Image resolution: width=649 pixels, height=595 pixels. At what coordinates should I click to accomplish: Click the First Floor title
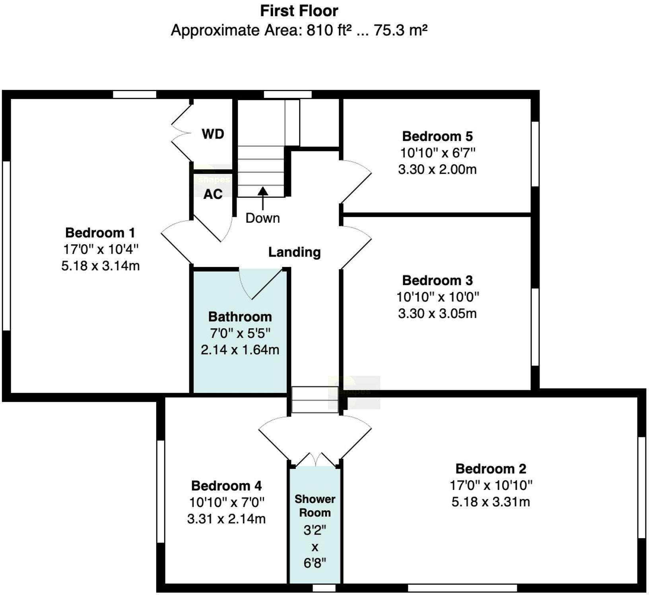tap(299, 11)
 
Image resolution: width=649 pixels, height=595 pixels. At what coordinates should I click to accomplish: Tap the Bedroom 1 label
tap(100, 233)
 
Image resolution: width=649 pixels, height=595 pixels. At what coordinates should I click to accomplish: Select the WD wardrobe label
tap(213, 134)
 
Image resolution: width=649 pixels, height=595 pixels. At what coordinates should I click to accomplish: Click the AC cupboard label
tap(213, 194)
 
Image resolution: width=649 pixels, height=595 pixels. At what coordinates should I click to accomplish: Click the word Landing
tap(294, 252)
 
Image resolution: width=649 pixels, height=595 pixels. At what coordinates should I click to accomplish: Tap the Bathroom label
tap(240, 317)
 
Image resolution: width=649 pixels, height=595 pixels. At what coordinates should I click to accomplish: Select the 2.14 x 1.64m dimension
tap(240, 350)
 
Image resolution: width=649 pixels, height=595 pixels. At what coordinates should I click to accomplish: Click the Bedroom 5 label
tap(437, 136)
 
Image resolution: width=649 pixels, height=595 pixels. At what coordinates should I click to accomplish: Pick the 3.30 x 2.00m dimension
tap(437, 169)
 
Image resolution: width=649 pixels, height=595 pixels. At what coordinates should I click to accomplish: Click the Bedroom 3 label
tap(437, 280)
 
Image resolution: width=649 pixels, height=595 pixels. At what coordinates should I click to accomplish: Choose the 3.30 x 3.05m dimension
tap(437, 313)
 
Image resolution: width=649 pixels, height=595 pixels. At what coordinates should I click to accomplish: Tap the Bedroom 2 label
tap(491, 469)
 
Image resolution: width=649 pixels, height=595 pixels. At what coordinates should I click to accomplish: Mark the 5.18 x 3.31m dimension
tap(491, 502)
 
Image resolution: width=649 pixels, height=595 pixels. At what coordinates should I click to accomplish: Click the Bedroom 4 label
tap(226, 486)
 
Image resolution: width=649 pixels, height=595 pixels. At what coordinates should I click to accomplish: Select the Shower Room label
tap(315, 506)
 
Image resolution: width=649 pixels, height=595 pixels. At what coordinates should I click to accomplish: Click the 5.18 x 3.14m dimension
tap(100, 266)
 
